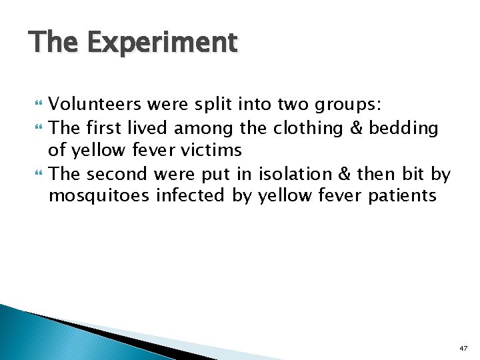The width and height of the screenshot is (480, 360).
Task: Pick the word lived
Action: point(150,127)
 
